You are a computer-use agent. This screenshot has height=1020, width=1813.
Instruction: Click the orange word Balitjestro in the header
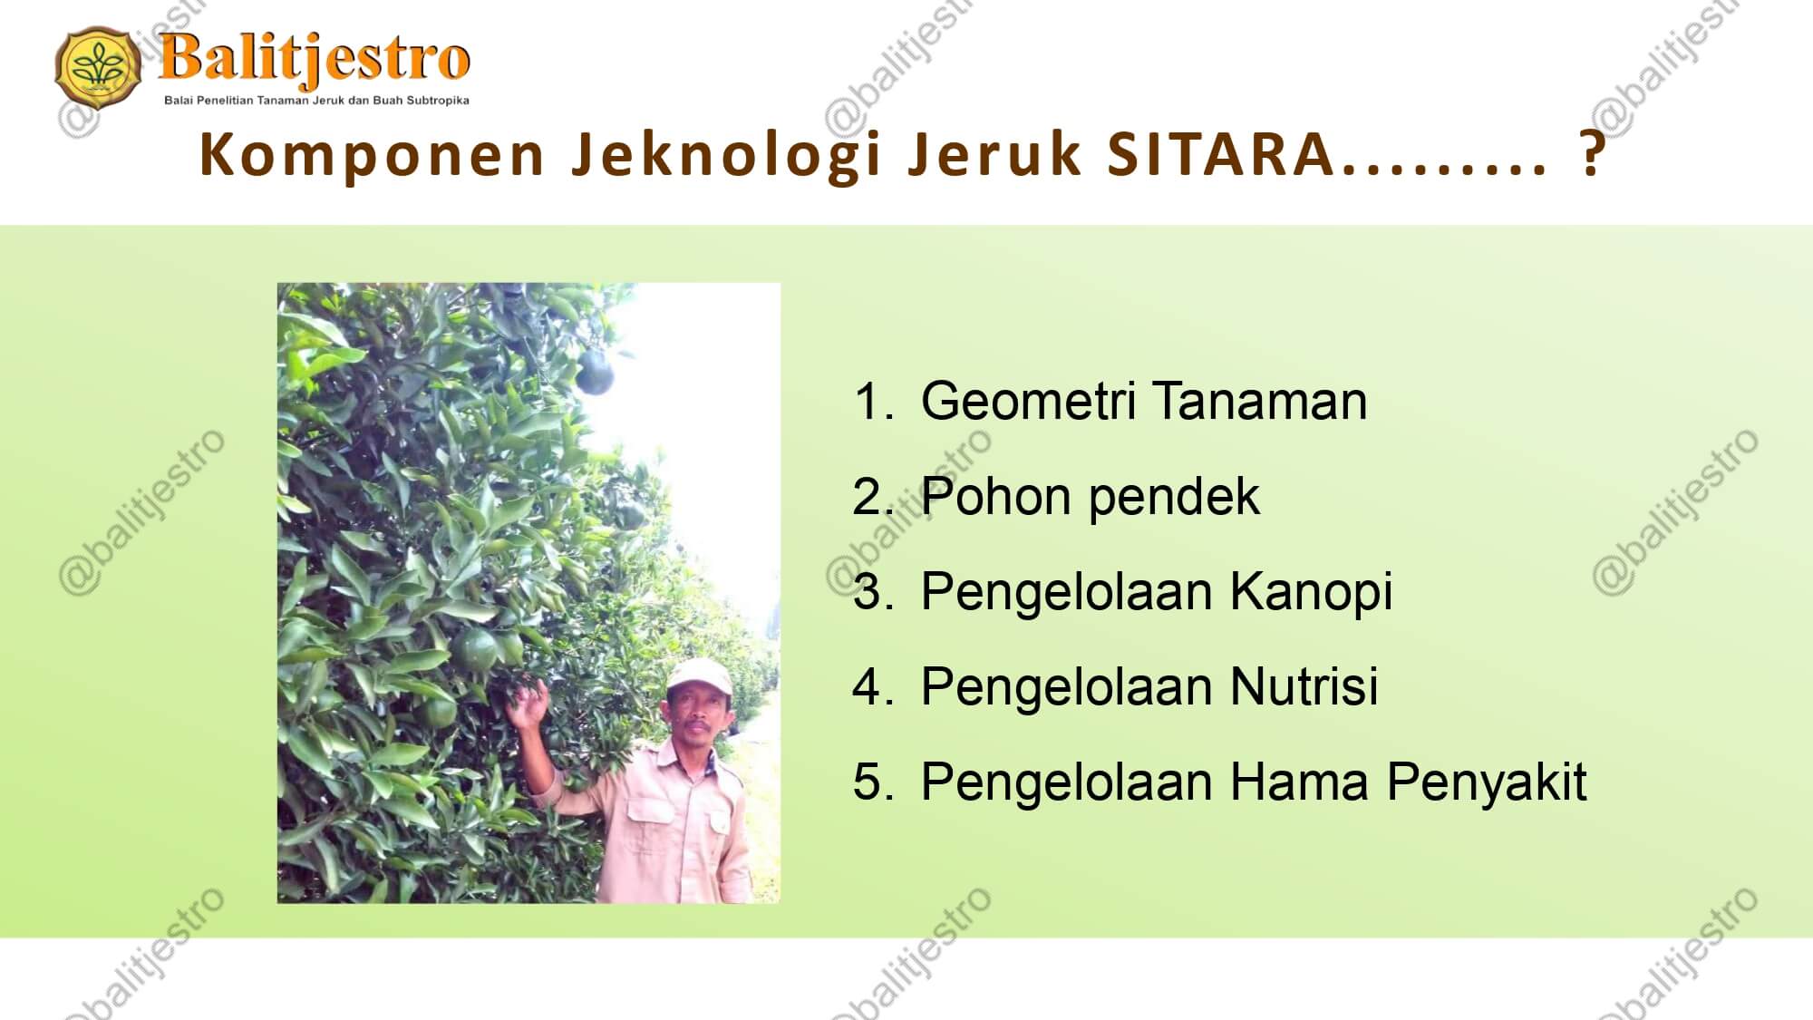(x=315, y=59)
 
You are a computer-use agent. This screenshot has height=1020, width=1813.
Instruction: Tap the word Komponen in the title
(x=372, y=154)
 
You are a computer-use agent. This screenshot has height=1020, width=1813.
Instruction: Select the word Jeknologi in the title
(x=727, y=154)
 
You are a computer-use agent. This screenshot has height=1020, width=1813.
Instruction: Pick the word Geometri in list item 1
(x=1028, y=401)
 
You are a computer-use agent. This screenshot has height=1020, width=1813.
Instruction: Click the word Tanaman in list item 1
(x=1260, y=401)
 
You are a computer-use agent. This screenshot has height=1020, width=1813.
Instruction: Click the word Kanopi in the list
(x=1311, y=593)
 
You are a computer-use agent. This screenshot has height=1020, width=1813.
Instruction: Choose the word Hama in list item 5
(x=1299, y=782)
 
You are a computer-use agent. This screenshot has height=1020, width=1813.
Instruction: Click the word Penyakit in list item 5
(x=1487, y=782)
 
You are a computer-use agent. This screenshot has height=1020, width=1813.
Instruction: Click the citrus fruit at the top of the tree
(x=596, y=372)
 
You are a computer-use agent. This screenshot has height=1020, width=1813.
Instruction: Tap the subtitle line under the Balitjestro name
(x=316, y=101)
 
